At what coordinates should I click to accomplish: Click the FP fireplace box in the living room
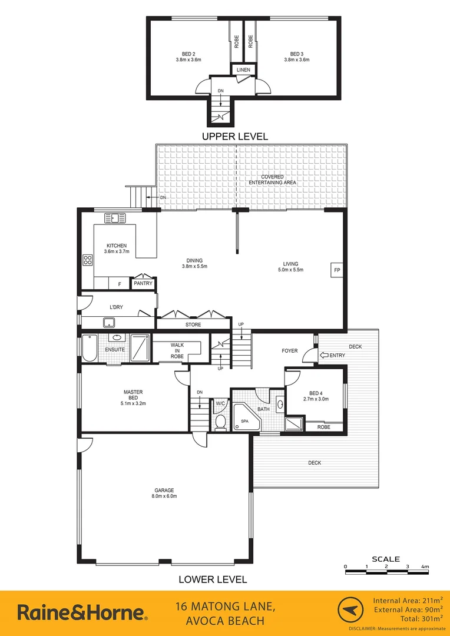tap(337, 270)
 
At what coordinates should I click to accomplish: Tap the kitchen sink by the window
tap(115, 218)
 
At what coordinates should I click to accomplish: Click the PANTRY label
tap(143, 283)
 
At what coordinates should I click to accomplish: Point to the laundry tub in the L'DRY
tap(108, 322)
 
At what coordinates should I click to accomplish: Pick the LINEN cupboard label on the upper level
tap(243, 70)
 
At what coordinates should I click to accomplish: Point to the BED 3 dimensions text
tap(297, 59)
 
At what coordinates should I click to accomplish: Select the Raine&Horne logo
tap(82, 612)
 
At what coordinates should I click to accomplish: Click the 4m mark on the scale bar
tap(425, 567)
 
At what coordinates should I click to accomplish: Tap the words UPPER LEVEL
tap(235, 136)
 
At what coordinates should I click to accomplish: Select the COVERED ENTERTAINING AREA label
tap(272, 180)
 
